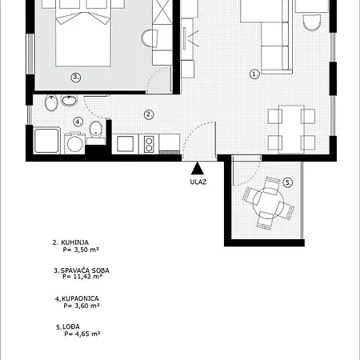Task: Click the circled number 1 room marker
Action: click(x=254, y=74)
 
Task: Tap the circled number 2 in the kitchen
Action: click(x=149, y=114)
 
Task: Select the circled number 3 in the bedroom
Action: click(x=76, y=78)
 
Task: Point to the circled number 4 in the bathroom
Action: click(x=78, y=122)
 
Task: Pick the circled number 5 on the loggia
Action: click(x=287, y=182)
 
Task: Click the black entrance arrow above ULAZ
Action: click(x=198, y=168)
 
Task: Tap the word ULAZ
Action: click(x=198, y=182)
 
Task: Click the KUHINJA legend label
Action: click(x=75, y=242)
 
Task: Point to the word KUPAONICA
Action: click(x=80, y=298)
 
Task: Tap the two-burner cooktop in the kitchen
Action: click(x=149, y=144)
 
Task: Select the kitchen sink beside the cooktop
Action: click(x=126, y=144)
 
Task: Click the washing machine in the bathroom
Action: click(x=74, y=143)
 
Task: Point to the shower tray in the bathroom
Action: click(x=46, y=141)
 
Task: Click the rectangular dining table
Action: click(x=291, y=130)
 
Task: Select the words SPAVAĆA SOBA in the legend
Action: click(x=85, y=270)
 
